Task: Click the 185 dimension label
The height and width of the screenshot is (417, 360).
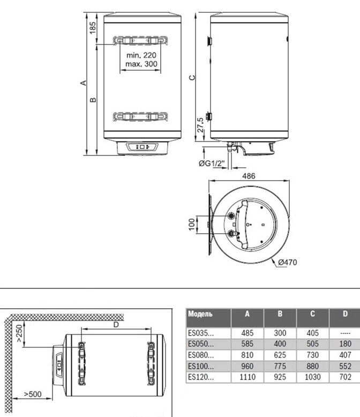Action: tap(93, 28)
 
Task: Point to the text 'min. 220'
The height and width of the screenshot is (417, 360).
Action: tap(141, 55)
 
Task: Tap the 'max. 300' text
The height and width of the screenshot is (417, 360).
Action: tap(141, 64)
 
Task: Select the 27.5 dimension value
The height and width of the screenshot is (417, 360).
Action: tap(200, 125)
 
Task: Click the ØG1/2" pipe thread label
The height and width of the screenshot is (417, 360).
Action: tap(212, 163)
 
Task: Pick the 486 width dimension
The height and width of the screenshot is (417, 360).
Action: tap(249, 176)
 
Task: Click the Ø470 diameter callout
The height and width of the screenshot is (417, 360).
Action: tap(288, 262)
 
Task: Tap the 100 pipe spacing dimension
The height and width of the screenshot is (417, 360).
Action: tap(191, 225)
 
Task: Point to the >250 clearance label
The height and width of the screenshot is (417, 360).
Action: tap(19, 333)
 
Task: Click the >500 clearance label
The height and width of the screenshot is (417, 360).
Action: tap(33, 394)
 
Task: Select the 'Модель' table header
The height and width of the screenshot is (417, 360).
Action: tap(200, 314)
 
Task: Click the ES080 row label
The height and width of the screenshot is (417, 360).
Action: tap(201, 355)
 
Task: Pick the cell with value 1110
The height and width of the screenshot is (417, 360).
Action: tap(247, 377)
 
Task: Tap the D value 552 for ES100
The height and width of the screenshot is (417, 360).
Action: tap(345, 366)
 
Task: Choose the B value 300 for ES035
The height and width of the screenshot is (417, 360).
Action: tap(280, 333)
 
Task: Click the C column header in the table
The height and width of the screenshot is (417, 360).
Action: tap(313, 314)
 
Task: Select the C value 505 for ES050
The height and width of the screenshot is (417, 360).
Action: tap(312, 344)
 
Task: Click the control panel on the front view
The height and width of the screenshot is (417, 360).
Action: tap(142, 146)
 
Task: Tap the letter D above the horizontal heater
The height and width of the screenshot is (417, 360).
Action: tap(116, 324)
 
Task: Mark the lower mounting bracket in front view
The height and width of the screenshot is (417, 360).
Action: tap(141, 117)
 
